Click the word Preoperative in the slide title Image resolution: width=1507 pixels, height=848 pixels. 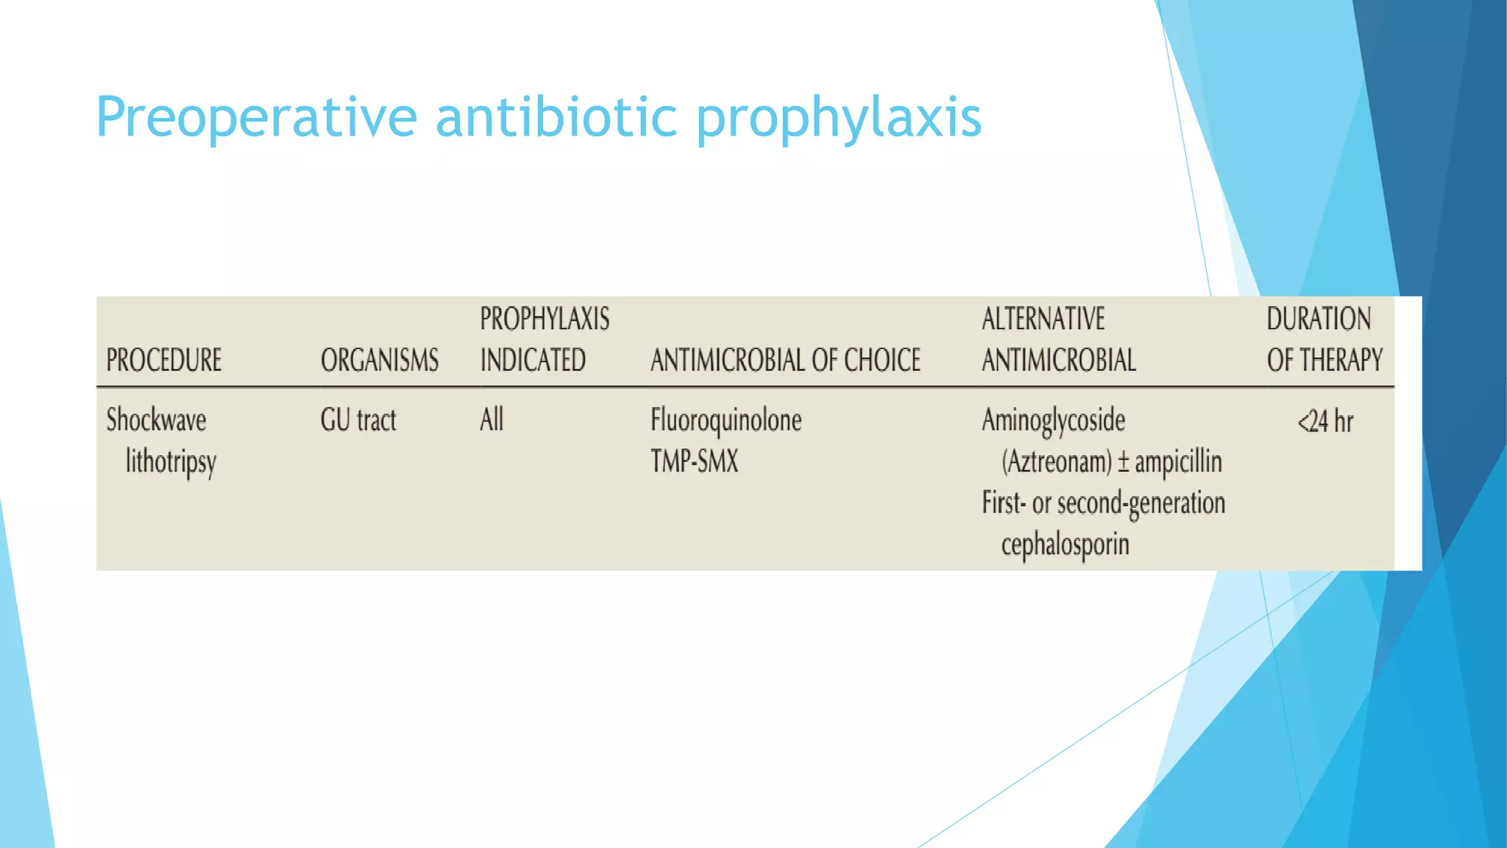pos(257,118)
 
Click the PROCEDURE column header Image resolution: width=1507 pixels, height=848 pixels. pos(164,360)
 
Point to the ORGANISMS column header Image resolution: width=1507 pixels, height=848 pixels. pos(380,360)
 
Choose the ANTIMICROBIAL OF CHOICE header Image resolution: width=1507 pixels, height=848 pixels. pos(785,360)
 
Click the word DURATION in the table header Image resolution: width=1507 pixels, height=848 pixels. pos(1319,319)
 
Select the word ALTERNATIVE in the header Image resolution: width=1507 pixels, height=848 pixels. pos(1043,319)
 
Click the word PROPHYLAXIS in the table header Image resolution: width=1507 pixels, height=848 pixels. pos(545,319)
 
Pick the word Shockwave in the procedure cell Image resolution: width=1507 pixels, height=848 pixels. pos(156,420)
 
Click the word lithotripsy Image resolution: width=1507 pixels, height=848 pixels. pos(171,462)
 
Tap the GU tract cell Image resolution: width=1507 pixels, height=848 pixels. pos(358,420)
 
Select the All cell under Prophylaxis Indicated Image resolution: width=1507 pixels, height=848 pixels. pos(492,420)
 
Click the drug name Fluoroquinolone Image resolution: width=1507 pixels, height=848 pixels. pos(726,420)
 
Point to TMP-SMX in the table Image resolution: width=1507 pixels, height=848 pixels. pos(694,462)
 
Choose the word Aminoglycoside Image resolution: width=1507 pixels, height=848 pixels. pos(1054,420)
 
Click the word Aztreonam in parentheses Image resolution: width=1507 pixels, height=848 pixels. pos(1057,462)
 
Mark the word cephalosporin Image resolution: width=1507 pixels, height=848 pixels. pos(1065,545)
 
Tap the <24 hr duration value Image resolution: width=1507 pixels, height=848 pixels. pos(1325,422)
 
